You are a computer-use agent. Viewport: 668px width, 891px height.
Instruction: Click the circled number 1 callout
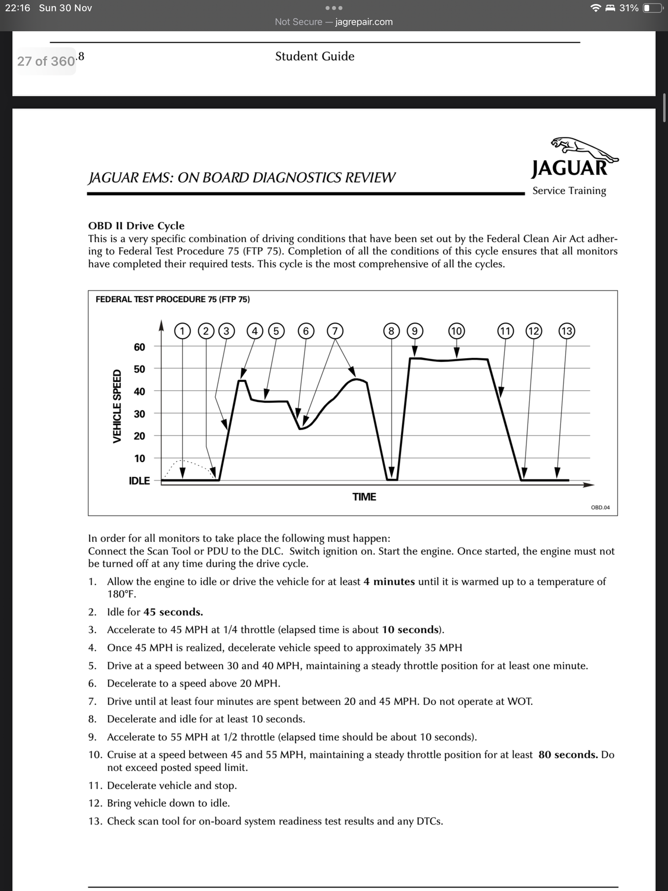183,331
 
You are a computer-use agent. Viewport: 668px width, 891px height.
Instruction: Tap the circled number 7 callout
335,331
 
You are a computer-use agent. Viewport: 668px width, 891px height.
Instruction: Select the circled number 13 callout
566,331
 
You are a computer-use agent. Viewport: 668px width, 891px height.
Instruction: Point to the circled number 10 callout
456,331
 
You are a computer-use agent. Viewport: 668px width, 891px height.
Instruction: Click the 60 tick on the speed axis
139,347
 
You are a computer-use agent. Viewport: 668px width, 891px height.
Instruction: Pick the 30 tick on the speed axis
139,414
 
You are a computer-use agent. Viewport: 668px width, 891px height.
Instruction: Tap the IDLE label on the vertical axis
139,481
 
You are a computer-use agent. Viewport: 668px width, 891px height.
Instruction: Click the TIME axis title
364,497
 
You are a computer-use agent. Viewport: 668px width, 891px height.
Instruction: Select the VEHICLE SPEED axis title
117,406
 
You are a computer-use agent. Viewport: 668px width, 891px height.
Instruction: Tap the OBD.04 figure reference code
600,507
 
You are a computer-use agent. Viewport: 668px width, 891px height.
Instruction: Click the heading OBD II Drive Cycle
136,226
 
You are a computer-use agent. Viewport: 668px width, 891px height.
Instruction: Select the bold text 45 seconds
173,612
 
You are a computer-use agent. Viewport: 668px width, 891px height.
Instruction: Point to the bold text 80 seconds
568,755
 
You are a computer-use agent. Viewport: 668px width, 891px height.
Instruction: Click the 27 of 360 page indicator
46,61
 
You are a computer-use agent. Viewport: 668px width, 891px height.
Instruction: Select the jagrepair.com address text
364,22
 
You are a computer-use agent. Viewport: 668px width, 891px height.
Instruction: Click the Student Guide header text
314,57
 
